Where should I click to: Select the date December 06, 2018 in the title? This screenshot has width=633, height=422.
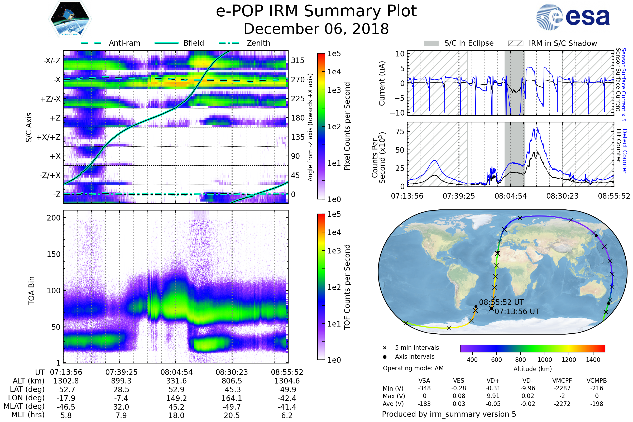tap(316, 29)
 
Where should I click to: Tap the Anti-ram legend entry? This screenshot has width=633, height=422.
tap(124, 43)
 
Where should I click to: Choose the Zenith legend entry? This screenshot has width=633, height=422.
tap(258, 43)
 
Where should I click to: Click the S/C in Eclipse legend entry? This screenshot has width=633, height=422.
tap(469, 43)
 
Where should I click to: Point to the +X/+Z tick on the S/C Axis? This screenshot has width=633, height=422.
tap(49, 137)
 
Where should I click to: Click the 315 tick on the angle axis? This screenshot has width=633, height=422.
tap(298, 60)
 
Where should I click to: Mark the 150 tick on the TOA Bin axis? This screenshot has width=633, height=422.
tap(54, 254)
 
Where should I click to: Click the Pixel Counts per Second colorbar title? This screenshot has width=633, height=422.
tap(347, 126)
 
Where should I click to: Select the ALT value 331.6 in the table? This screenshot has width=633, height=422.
tap(176, 381)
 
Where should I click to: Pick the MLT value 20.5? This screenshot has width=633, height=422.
tap(232, 415)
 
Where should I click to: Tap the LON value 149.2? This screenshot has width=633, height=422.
tap(176, 398)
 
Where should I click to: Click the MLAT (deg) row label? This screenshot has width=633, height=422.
tap(24, 406)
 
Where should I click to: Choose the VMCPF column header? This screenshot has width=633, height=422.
tap(562, 381)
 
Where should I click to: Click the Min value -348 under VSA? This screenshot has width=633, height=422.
tap(424, 388)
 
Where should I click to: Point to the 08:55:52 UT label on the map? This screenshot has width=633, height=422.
tap(501, 302)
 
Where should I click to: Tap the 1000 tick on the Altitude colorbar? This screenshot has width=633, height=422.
tap(545, 360)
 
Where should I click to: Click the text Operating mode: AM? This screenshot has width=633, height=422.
tap(413, 368)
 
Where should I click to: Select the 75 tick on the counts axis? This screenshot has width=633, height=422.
tap(400, 132)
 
